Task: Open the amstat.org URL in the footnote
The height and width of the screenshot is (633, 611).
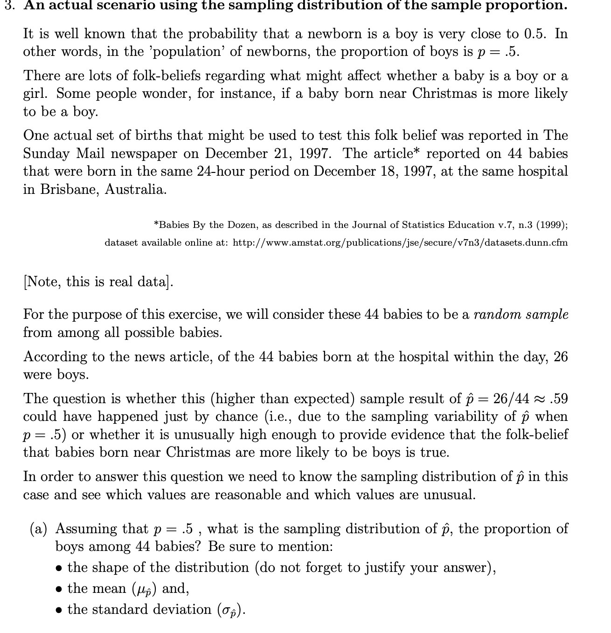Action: pyautogui.click(x=400, y=243)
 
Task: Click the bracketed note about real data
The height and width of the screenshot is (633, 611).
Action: pyautogui.click(x=98, y=282)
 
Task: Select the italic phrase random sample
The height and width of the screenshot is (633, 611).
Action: pyautogui.click(x=521, y=315)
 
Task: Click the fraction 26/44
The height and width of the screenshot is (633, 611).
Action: pyautogui.click(x=511, y=399)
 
